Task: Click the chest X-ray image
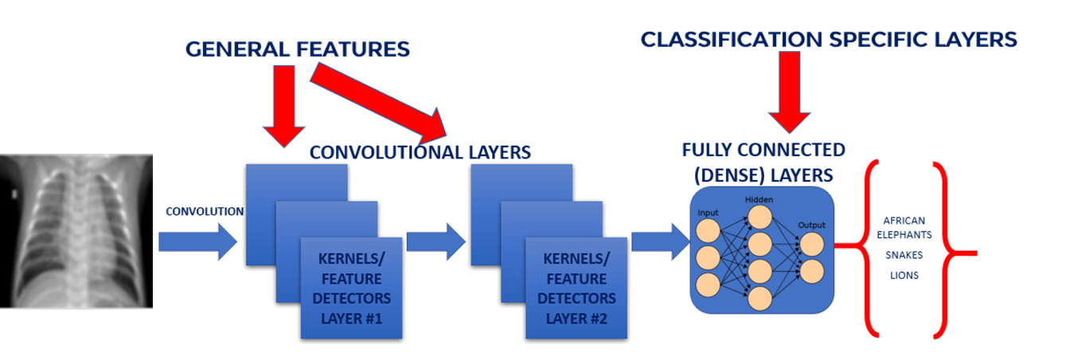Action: pyautogui.click(x=76, y=231)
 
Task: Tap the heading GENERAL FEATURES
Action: pyautogui.click(x=298, y=49)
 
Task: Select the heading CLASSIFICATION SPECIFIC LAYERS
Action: pyautogui.click(x=829, y=39)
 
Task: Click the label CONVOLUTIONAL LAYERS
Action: pyautogui.click(x=420, y=151)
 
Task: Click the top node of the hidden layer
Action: pyautogui.click(x=760, y=217)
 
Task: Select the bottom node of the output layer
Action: pyautogui.click(x=812, y=271)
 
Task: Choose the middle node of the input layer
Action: pyautogui.click(x=709, y=257)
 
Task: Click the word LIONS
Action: pyautogui.click(x=904, y=275)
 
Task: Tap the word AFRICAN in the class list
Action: pyautogui.click(x=904, y=220)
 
